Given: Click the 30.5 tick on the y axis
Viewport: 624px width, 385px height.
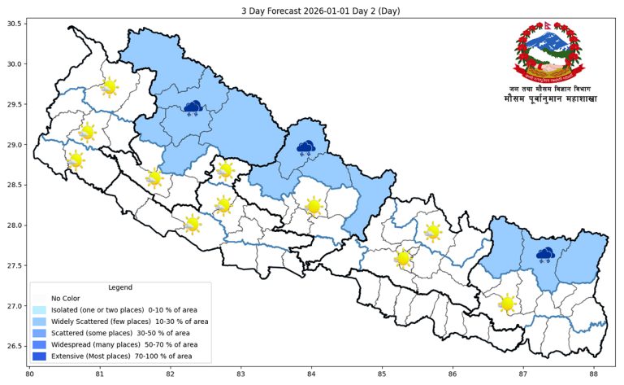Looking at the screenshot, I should click(x=13, y=24).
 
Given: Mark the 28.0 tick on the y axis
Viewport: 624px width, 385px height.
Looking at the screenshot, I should click(x=13, y=225).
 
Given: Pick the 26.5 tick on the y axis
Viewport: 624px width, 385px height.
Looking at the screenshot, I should click(x=13, y=347).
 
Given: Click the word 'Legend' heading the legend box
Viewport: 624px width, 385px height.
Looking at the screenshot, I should click(x=120, y=287).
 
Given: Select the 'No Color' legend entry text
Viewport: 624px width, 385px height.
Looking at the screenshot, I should click(x=67, y=299).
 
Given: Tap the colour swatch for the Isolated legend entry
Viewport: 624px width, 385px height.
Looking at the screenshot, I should click(x=39, y=310).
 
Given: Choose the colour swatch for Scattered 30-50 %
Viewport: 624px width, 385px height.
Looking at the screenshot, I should click(x=39, y=333).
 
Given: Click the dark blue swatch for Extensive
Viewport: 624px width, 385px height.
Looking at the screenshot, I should click(x=39, y=356).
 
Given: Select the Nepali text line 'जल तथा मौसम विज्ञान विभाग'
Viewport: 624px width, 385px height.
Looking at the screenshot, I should click(x=549, y=88).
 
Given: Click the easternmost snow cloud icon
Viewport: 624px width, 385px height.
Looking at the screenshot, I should click(x=544, y=256).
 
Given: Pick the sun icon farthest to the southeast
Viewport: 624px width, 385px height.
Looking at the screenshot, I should click(x=508, y=304).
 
